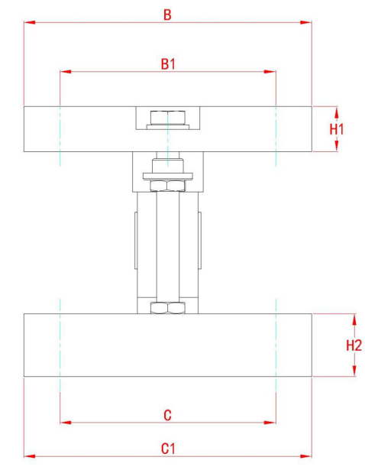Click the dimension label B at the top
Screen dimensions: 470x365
pos(167,14)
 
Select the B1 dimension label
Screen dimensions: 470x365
pos(168,64)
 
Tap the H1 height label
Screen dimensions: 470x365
pos(337,129)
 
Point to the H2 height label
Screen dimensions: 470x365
pos(354,345)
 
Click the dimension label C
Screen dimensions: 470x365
pos(168,414)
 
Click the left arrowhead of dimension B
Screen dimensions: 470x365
pos(29,23)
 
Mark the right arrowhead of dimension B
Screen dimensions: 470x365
pos(307,23)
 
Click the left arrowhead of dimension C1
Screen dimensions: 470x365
pos(29,456)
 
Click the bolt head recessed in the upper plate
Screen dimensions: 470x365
pos(167,118)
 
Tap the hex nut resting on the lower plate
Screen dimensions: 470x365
pos(167,307)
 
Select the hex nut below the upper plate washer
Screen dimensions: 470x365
pos(167,186)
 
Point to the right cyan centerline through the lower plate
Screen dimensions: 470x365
pos(275,344)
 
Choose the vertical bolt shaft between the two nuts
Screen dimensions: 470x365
pos(167,245)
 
